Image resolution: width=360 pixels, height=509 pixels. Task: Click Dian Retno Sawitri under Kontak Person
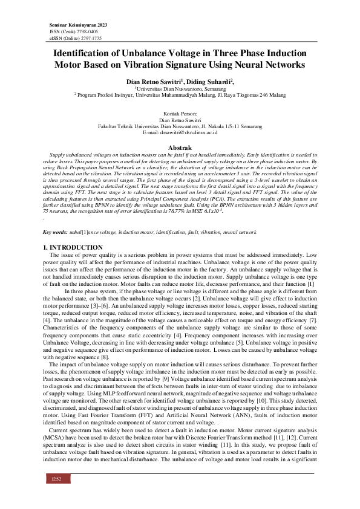[180, 120]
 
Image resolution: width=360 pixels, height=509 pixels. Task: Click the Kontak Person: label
[180, 114]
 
